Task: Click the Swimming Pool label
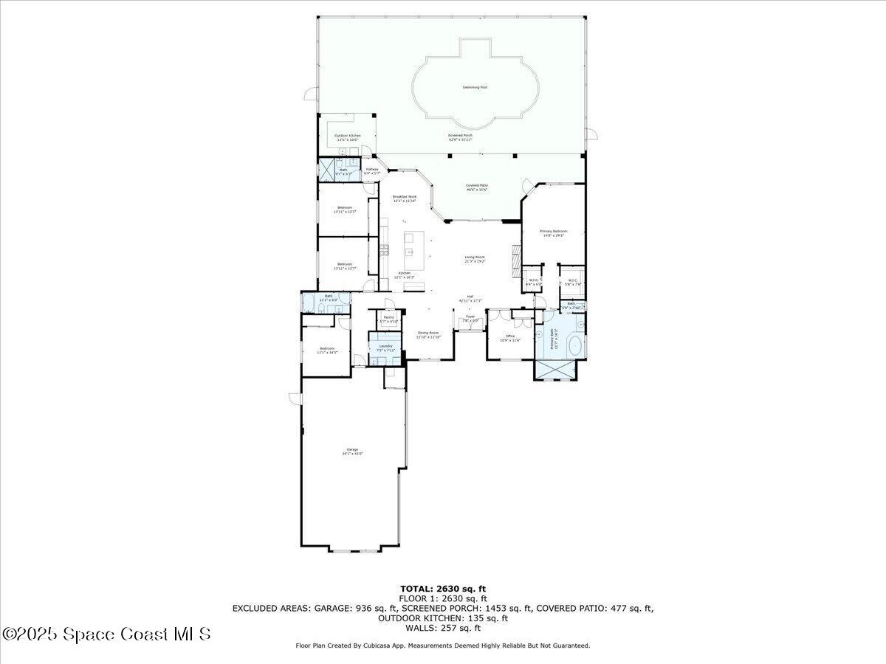[x=475, y=87]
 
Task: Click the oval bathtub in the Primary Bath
[x=574, y=345]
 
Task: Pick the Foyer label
[x=470, y=318]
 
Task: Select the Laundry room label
[x=385, y=347]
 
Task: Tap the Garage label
[x=353, y=452]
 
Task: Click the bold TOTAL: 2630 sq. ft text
[x=443, y=588]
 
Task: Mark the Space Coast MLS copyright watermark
[x=106, y=634]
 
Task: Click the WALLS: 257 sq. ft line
[x=443, y=628]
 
